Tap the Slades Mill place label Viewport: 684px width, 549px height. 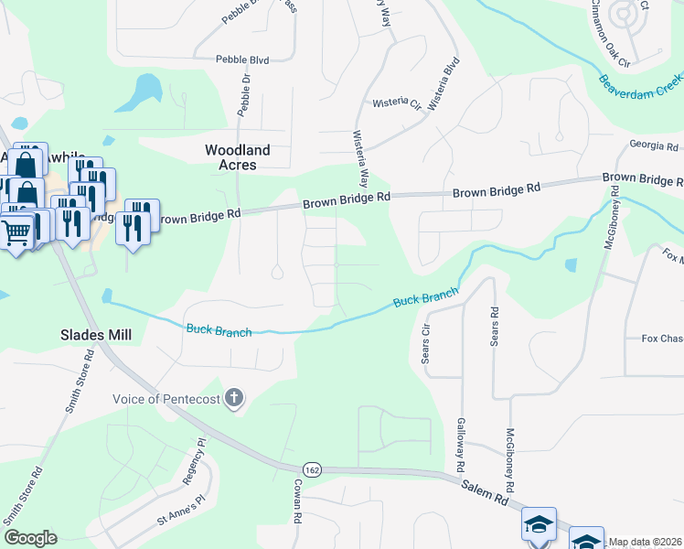point(97,335)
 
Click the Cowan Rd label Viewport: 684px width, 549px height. point(298,510)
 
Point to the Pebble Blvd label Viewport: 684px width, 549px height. point(242,59)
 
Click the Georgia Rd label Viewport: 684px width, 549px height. point(653,145)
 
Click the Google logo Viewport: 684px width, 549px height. point(30,537)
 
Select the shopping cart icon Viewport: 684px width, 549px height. point(16,233)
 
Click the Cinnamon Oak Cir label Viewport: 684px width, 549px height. point(608,33)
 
